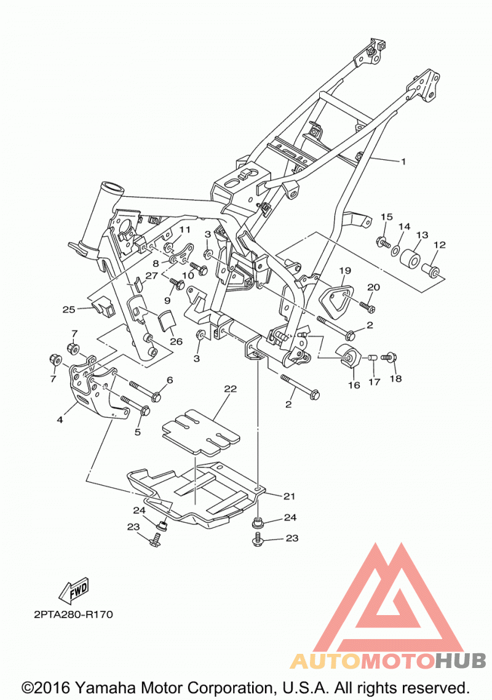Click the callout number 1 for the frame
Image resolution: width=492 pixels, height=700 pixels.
pos(403,162)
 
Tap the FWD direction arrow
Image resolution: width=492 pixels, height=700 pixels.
pos(74,590)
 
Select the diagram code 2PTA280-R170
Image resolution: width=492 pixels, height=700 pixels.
pos(73,614)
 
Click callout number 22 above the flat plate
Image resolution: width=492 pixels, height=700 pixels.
pos(230,389)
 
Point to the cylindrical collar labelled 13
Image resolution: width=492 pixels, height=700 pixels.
pos(409,260)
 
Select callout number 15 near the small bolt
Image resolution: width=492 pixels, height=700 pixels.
pos(387,217)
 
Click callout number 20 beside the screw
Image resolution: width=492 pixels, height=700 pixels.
pos(373,287)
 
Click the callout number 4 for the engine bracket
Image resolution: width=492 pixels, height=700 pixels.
pos(60,420)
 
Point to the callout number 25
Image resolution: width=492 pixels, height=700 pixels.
pos(69,309)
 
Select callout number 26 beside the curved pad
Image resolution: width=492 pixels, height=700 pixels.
pos(177,341)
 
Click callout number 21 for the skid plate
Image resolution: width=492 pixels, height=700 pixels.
pos(289,496)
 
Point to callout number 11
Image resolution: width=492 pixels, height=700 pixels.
pos(185,229)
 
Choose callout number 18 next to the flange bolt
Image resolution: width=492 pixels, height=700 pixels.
pos(395,378)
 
